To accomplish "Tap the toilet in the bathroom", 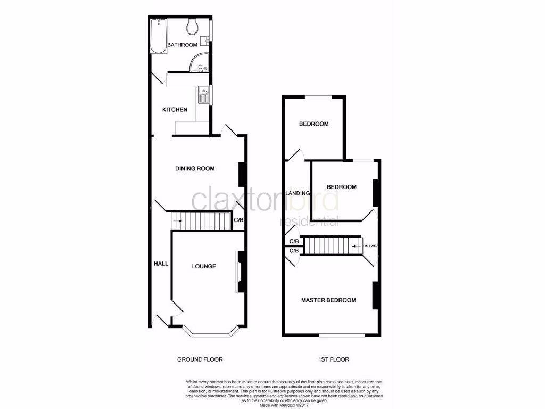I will point(193,27).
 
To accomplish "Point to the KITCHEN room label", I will point(175,110).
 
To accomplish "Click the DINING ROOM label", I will point(195,169).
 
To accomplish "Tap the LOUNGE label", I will point(204,266).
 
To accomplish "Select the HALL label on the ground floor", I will point(161,264).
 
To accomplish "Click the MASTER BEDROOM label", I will point(328,300).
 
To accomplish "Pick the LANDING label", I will point(298,193).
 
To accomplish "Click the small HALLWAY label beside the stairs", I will point(370,246).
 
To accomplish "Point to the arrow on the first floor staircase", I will point(356,246).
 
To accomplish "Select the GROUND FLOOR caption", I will point(200,359).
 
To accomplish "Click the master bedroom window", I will point(342,335).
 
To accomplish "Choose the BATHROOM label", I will point(182,45).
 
